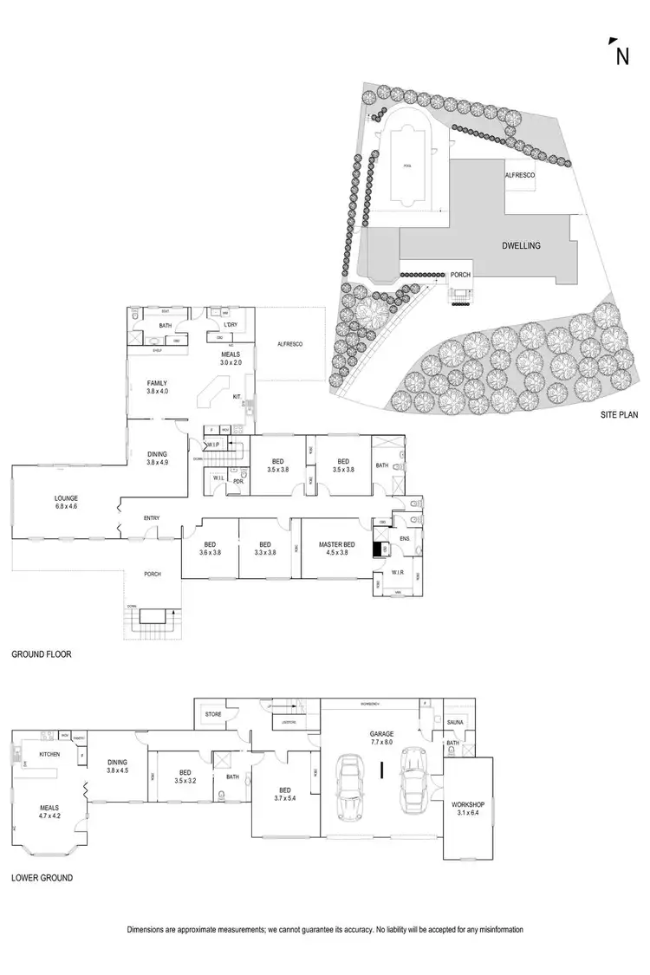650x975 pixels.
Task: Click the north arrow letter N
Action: [621, 57]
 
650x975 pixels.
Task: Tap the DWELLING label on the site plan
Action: [521, 245]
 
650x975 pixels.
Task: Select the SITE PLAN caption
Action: [619, 415]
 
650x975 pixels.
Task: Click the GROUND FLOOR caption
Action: [41, 655]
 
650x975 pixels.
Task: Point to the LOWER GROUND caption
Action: [42, 878]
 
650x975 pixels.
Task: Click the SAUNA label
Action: [456, 722]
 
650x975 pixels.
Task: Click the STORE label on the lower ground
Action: [213, 715]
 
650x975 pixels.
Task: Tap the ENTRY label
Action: [152, 518]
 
